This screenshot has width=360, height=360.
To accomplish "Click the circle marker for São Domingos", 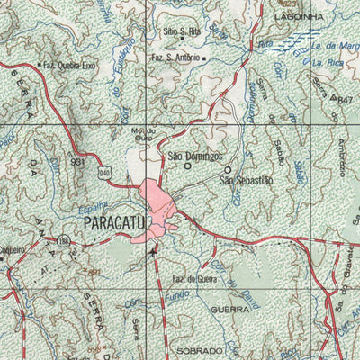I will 187,166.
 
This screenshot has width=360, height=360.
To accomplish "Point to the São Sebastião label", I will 246,181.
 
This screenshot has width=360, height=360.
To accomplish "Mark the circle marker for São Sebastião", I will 227,169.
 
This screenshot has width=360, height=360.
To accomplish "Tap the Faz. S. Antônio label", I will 175,58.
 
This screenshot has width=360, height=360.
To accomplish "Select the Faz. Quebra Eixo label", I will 69,66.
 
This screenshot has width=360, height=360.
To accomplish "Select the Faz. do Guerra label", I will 194,280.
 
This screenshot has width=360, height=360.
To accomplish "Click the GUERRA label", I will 229,308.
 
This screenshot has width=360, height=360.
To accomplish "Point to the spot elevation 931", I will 79,163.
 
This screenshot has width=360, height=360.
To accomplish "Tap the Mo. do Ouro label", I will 145,134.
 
